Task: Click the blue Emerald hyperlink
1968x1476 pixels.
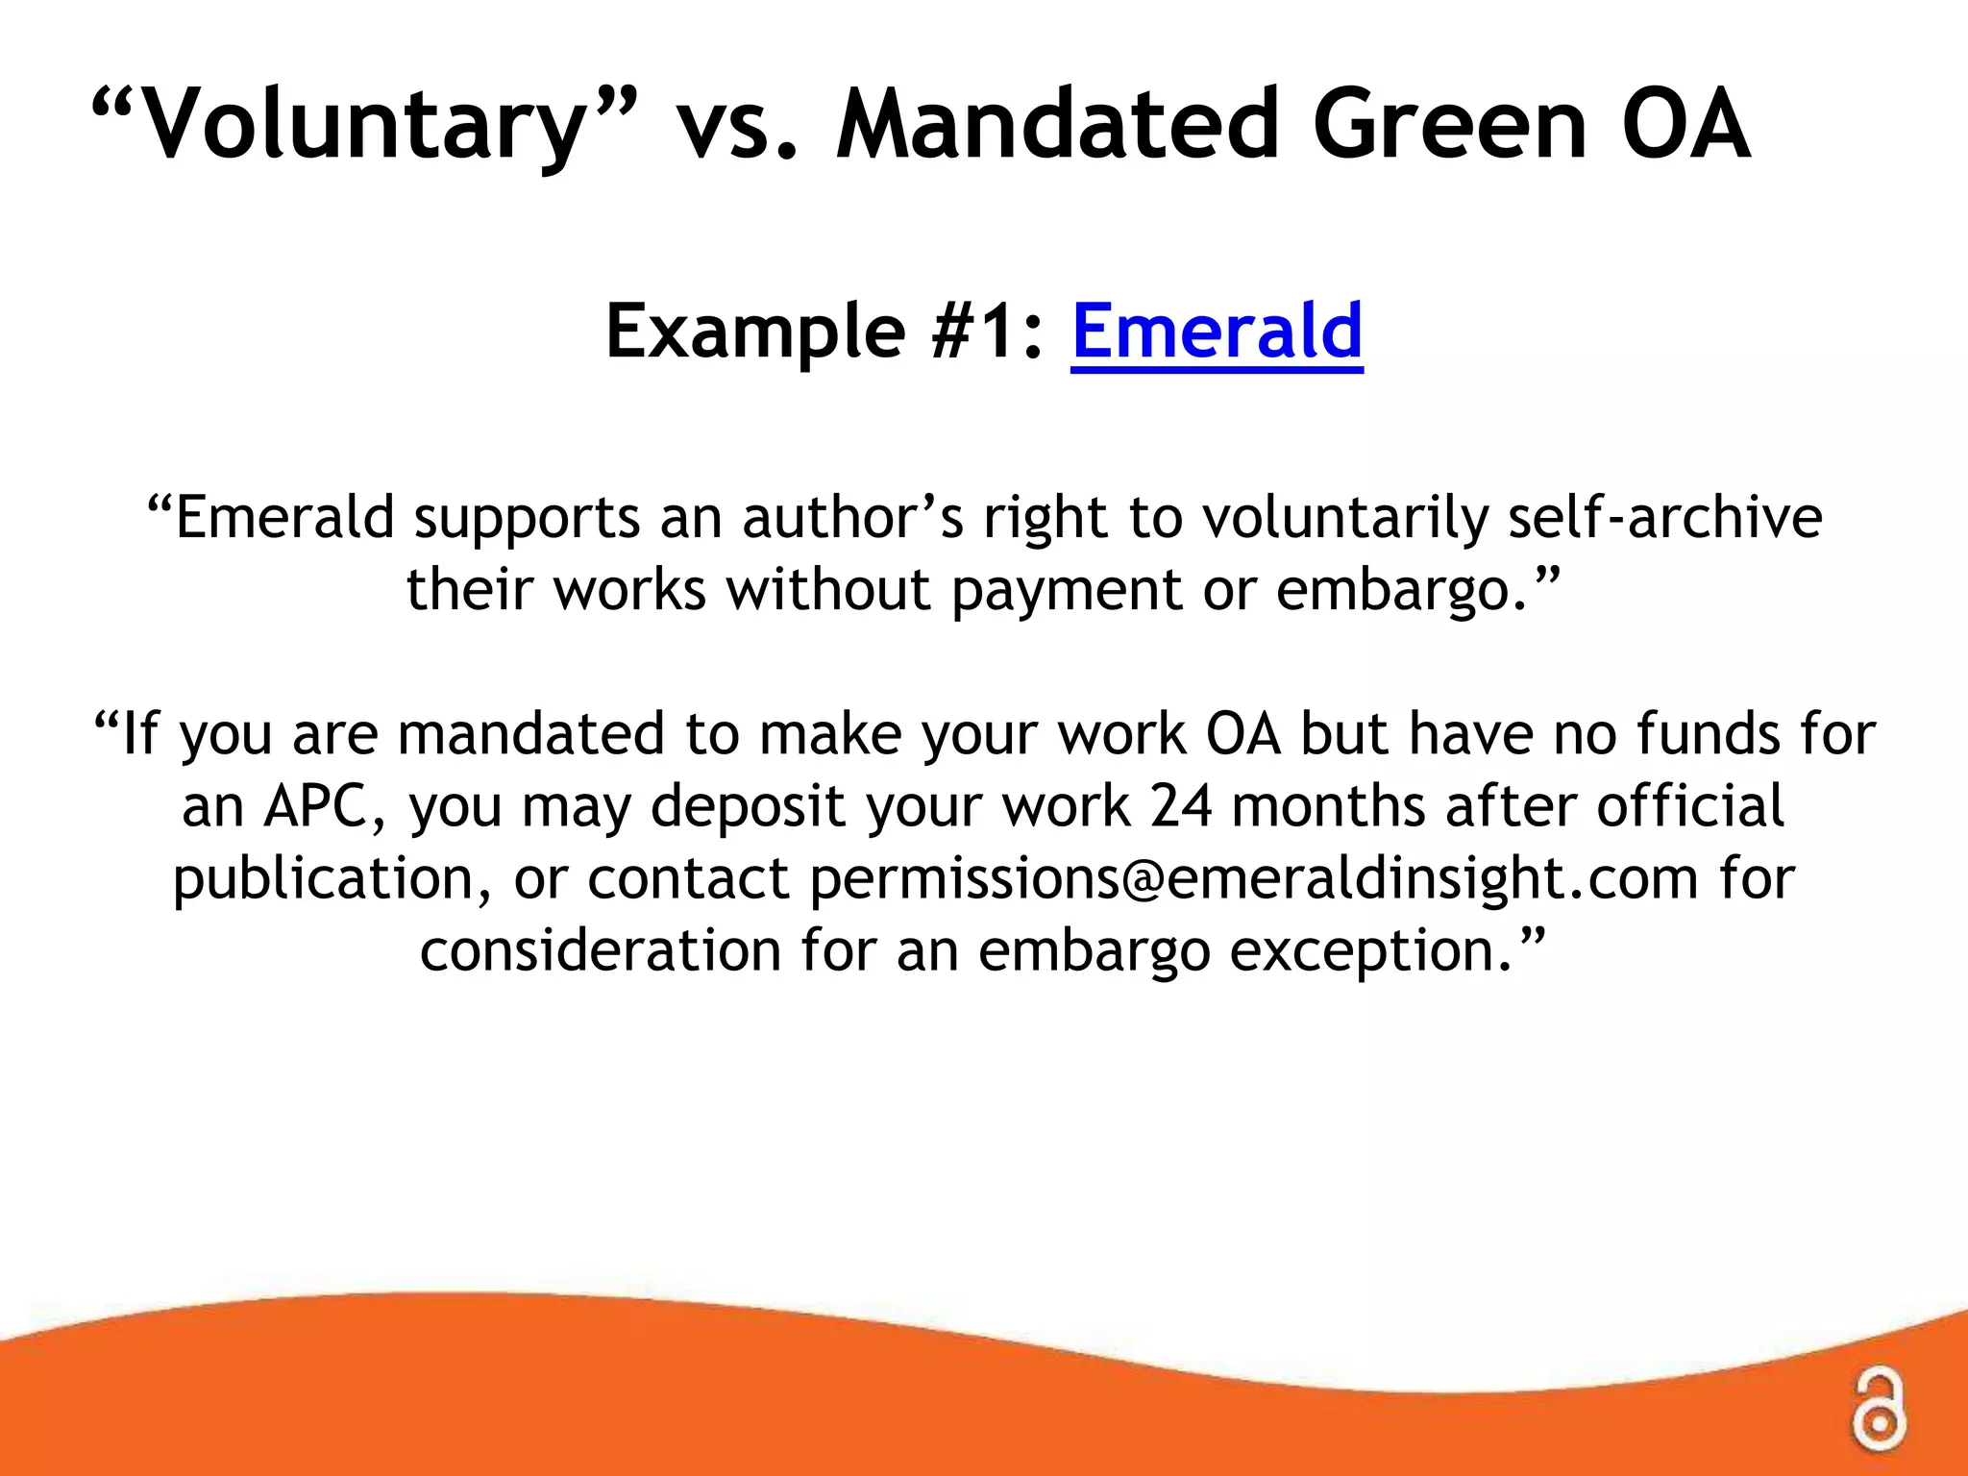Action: pyautogui.click(x=1217, y=332)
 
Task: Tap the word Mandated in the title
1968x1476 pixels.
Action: pyautogui.click(x=1058, y=125)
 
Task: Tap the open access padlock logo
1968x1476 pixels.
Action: pyautogui.click(x=1878, y=1413)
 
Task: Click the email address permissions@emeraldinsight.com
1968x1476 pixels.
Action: pyautogui.click(x=1254, y=878)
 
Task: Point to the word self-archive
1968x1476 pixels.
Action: pyautogui.click(x=1664, y=518)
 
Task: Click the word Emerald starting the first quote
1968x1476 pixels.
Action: pyautogui.click(x=284, y=518)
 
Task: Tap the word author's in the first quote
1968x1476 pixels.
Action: pyautogui.click(x=852, y=518)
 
